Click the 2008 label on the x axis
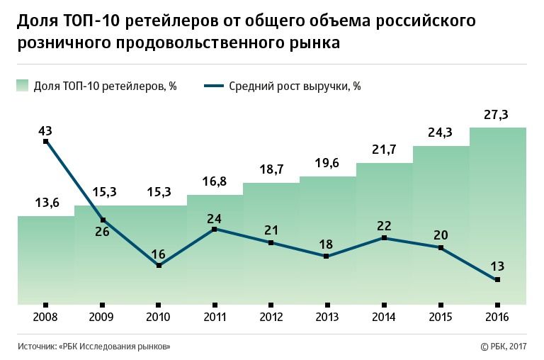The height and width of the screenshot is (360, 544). coord(46,316)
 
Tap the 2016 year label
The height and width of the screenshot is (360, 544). coord(497,316)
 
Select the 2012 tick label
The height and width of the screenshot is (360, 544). coord(271,316)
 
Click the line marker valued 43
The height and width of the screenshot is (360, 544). coord(46,141)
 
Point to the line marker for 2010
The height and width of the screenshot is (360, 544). coord(159,266)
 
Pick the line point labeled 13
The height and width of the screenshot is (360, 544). coord(497,280)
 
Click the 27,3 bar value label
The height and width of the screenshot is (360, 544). coord(497,115)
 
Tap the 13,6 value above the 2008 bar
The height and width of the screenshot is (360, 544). coord(46,203)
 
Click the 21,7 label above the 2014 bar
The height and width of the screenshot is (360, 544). coord(384,150)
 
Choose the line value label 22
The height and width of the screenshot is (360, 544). coord(384,225)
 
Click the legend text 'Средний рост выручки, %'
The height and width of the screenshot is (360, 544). coord(295,86)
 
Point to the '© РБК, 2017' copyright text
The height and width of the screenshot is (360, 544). coord(504,346)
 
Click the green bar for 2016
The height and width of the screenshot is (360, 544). coord(497,213)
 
